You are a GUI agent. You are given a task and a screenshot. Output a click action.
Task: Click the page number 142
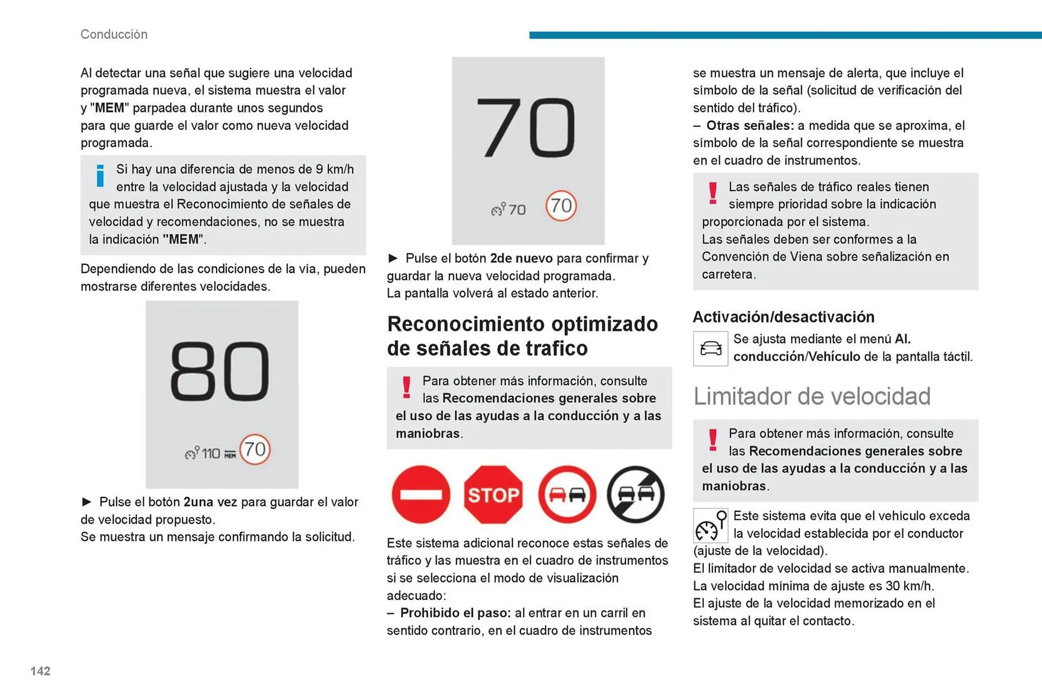tap(40, 671)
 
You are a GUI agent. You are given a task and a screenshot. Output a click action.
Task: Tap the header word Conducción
tap(114, 34)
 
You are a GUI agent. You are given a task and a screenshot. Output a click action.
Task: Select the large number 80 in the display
tap(220, 372)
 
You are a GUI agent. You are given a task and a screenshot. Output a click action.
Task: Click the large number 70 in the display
tap(526, 128)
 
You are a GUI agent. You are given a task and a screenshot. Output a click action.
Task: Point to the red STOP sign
tap(493, 495)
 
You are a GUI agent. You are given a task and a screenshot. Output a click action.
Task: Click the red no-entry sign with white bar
tap(421, 495)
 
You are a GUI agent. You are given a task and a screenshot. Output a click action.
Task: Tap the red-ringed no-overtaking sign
tap(567, 495)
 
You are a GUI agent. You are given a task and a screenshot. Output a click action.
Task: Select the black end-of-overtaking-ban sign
tap(636, 495)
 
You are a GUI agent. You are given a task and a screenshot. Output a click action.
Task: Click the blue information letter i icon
tap(100, 176)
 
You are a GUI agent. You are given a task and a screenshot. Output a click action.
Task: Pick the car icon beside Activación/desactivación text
tap(710, 348)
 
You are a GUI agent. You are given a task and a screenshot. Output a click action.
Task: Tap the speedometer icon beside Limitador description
tap(710, 526)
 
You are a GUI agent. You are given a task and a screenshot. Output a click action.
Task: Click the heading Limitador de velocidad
tap(812, 396)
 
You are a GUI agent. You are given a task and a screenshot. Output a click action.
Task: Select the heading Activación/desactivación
tap(784, 317)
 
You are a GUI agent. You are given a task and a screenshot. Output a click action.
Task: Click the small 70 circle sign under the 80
tap(255, 449)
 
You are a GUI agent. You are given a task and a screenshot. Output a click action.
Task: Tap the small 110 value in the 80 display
tap(211, 453)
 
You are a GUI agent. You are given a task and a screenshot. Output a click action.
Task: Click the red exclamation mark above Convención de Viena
tap(713, 193)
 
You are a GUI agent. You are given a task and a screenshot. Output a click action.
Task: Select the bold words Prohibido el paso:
tap(455, 613)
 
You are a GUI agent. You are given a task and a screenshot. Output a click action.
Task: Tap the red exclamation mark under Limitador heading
tap(713, 439)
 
